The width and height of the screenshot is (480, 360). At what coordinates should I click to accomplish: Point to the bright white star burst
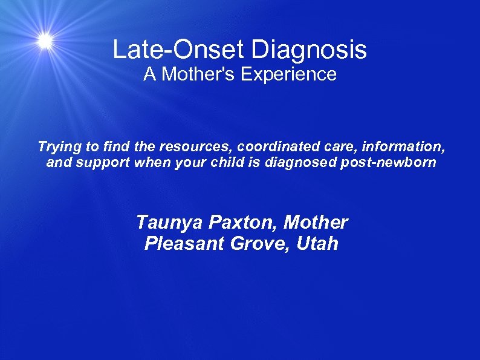click(45, 41)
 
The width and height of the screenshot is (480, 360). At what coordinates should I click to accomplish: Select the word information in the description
click(408, 146)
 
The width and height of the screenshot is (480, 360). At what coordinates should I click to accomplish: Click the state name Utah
click(317, 244)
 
